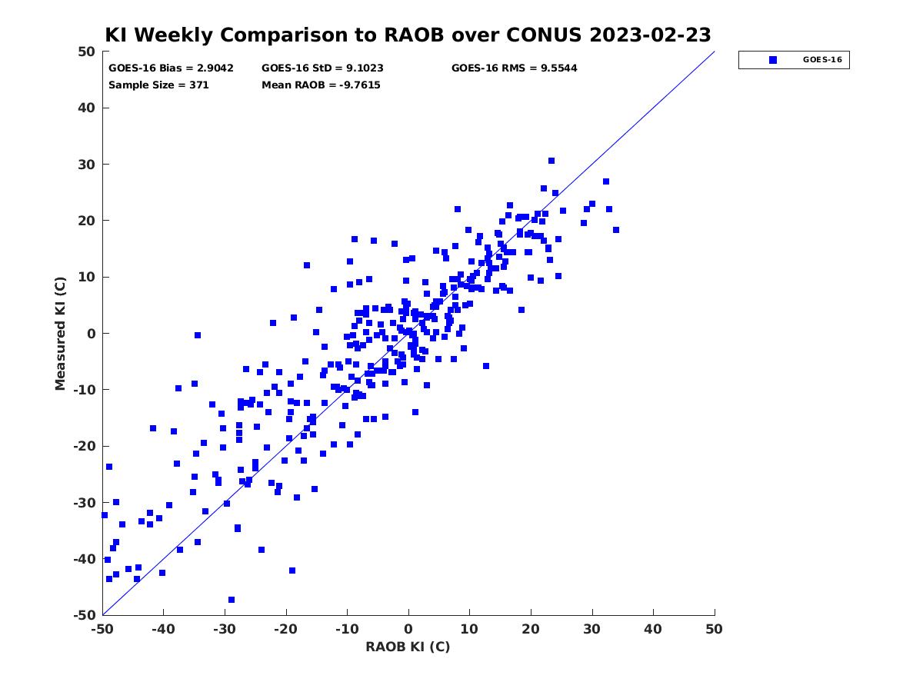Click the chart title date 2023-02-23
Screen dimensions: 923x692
(x=650, y=35)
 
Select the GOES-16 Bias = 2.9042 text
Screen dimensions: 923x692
(x=171, y=68)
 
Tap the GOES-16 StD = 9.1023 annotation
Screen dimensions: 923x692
(x=322, y=68)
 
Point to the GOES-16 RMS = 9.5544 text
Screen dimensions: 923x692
(x=514, y=68)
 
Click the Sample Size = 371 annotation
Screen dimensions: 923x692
(x=158, y=85)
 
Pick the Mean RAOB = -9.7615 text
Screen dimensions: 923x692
(x=321, y=85)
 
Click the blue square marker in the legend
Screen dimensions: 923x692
(x=772, y=60)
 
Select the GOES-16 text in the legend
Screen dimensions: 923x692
(x=822, y=60)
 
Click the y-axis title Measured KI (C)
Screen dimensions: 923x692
(x=60, y=333)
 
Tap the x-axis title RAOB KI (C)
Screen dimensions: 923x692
(x=408, y=646)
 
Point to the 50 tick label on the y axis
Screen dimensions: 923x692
(x=87, y=52)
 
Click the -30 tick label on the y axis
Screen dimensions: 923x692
(x=85, y=503)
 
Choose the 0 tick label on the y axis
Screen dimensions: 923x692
(x=92, y=334)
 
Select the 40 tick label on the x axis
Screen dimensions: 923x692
(x=653, y=629)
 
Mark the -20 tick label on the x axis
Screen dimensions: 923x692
(x=285, y=629)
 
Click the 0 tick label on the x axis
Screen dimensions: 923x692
(x=408, y=629)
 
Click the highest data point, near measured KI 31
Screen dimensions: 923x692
(x=551, y=161)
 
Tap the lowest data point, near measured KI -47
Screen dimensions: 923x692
(x=232, y=600)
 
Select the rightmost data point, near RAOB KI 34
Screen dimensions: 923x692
(x=616, y=230)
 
